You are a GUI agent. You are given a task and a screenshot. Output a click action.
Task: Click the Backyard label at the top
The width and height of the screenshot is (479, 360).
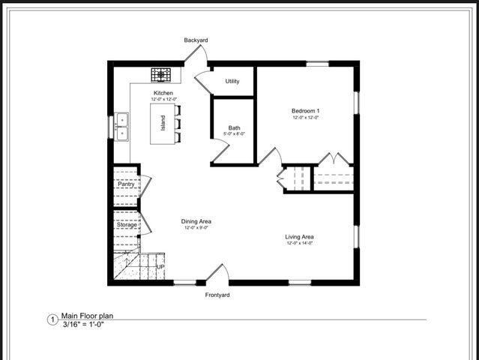coord(196,40)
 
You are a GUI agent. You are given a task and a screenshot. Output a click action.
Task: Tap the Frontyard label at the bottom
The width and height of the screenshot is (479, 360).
coord(217,295)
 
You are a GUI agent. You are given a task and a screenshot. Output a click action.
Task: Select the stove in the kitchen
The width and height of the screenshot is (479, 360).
coord(162,74)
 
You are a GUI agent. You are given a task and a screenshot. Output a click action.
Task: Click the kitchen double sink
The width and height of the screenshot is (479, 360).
coord(121,127)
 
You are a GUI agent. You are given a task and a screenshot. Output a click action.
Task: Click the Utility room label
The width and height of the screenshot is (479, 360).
coord(232,81)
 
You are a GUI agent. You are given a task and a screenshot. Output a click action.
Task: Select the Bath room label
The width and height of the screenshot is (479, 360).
coord(234,127)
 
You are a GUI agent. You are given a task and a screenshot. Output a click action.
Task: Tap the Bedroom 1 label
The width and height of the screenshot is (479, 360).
coord(305,111)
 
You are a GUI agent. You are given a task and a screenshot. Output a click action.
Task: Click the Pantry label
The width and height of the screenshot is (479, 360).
coord(126,184)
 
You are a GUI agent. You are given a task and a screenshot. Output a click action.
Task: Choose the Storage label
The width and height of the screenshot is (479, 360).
coord(127,224)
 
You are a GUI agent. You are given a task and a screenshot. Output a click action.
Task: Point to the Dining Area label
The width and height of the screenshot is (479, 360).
coord(196,221)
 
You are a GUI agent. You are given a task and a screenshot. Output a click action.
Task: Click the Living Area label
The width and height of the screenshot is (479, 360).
coord(299,237)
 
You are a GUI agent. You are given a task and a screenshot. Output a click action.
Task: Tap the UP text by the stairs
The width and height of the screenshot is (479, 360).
coord(160,266)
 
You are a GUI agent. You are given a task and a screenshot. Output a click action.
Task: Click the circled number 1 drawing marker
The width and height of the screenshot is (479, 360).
coord(52,319)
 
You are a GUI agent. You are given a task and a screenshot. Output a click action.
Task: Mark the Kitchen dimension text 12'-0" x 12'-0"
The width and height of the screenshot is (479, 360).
coord(163,100)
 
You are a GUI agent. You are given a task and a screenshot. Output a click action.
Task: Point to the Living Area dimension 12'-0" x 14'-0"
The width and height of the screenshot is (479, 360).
coord(299,244)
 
